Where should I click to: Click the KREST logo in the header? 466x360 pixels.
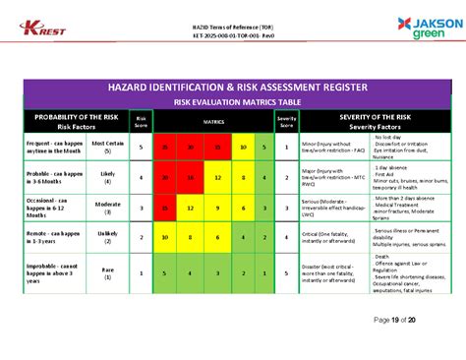pyautogui.click(x=44, y=26)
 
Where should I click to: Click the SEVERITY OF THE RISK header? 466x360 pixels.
pyautogui.click(x=376, y=120)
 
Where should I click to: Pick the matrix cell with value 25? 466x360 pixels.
pyautogui.click(x=164, y=147)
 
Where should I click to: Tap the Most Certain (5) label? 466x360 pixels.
pyautogui.click(x=107, y=147)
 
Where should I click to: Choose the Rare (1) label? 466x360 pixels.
pyautogui.click(x=107, y=272)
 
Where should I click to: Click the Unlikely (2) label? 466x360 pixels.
pyautogui.click(x=107, y=237)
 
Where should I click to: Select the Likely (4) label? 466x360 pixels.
pyautogui.click(x=107, y=178)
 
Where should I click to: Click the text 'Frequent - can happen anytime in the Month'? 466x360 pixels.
pyautogui.click(x=50, y=147)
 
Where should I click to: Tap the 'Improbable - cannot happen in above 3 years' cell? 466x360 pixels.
pyautogui.click(x=50, y=272)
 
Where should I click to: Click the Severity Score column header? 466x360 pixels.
pyautogui.click(x=286, y=121)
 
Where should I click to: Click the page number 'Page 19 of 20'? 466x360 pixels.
pyautogui.click(x=396, y=320)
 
